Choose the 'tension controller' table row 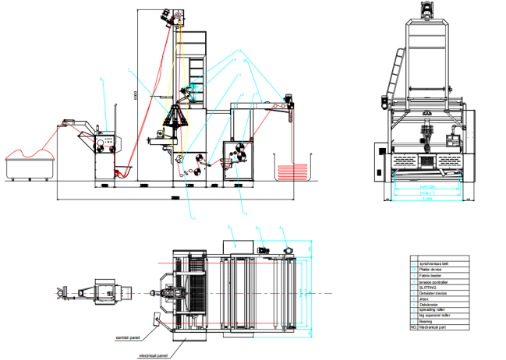point(434,284)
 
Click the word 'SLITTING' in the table point(430,291)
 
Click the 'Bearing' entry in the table point(427,322)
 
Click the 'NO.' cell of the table point(414,328)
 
